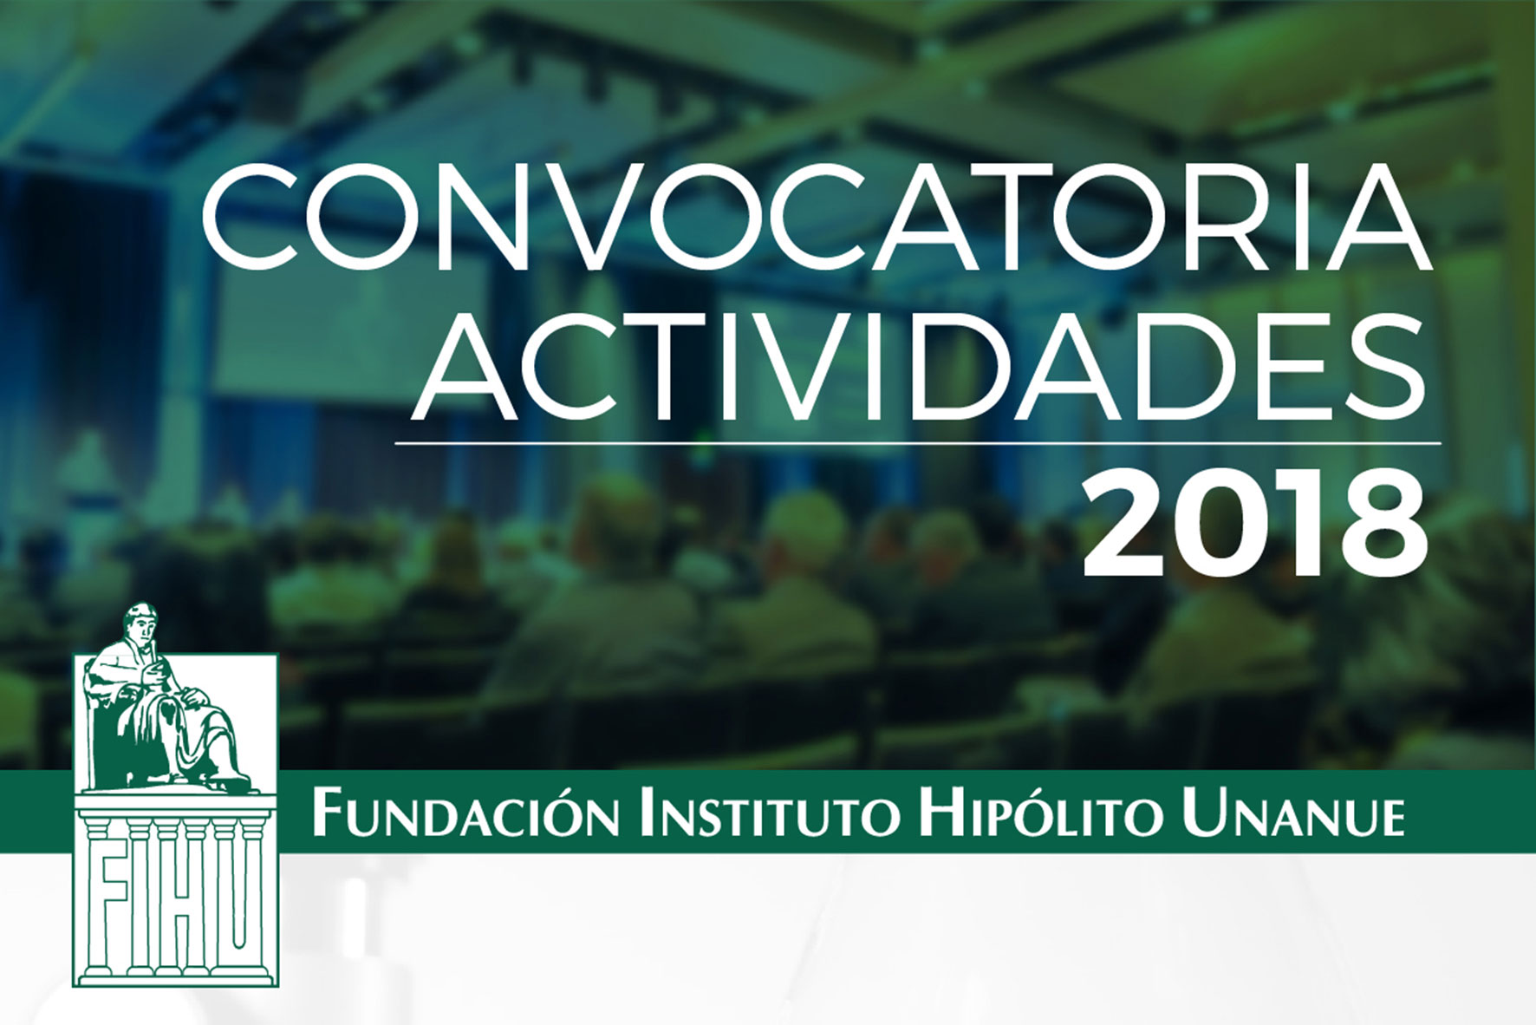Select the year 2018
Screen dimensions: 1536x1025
[x=1253, y=527]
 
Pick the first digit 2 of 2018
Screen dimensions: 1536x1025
[x=1124, y=527]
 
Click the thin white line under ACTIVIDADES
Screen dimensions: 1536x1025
[x=917, y=443]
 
